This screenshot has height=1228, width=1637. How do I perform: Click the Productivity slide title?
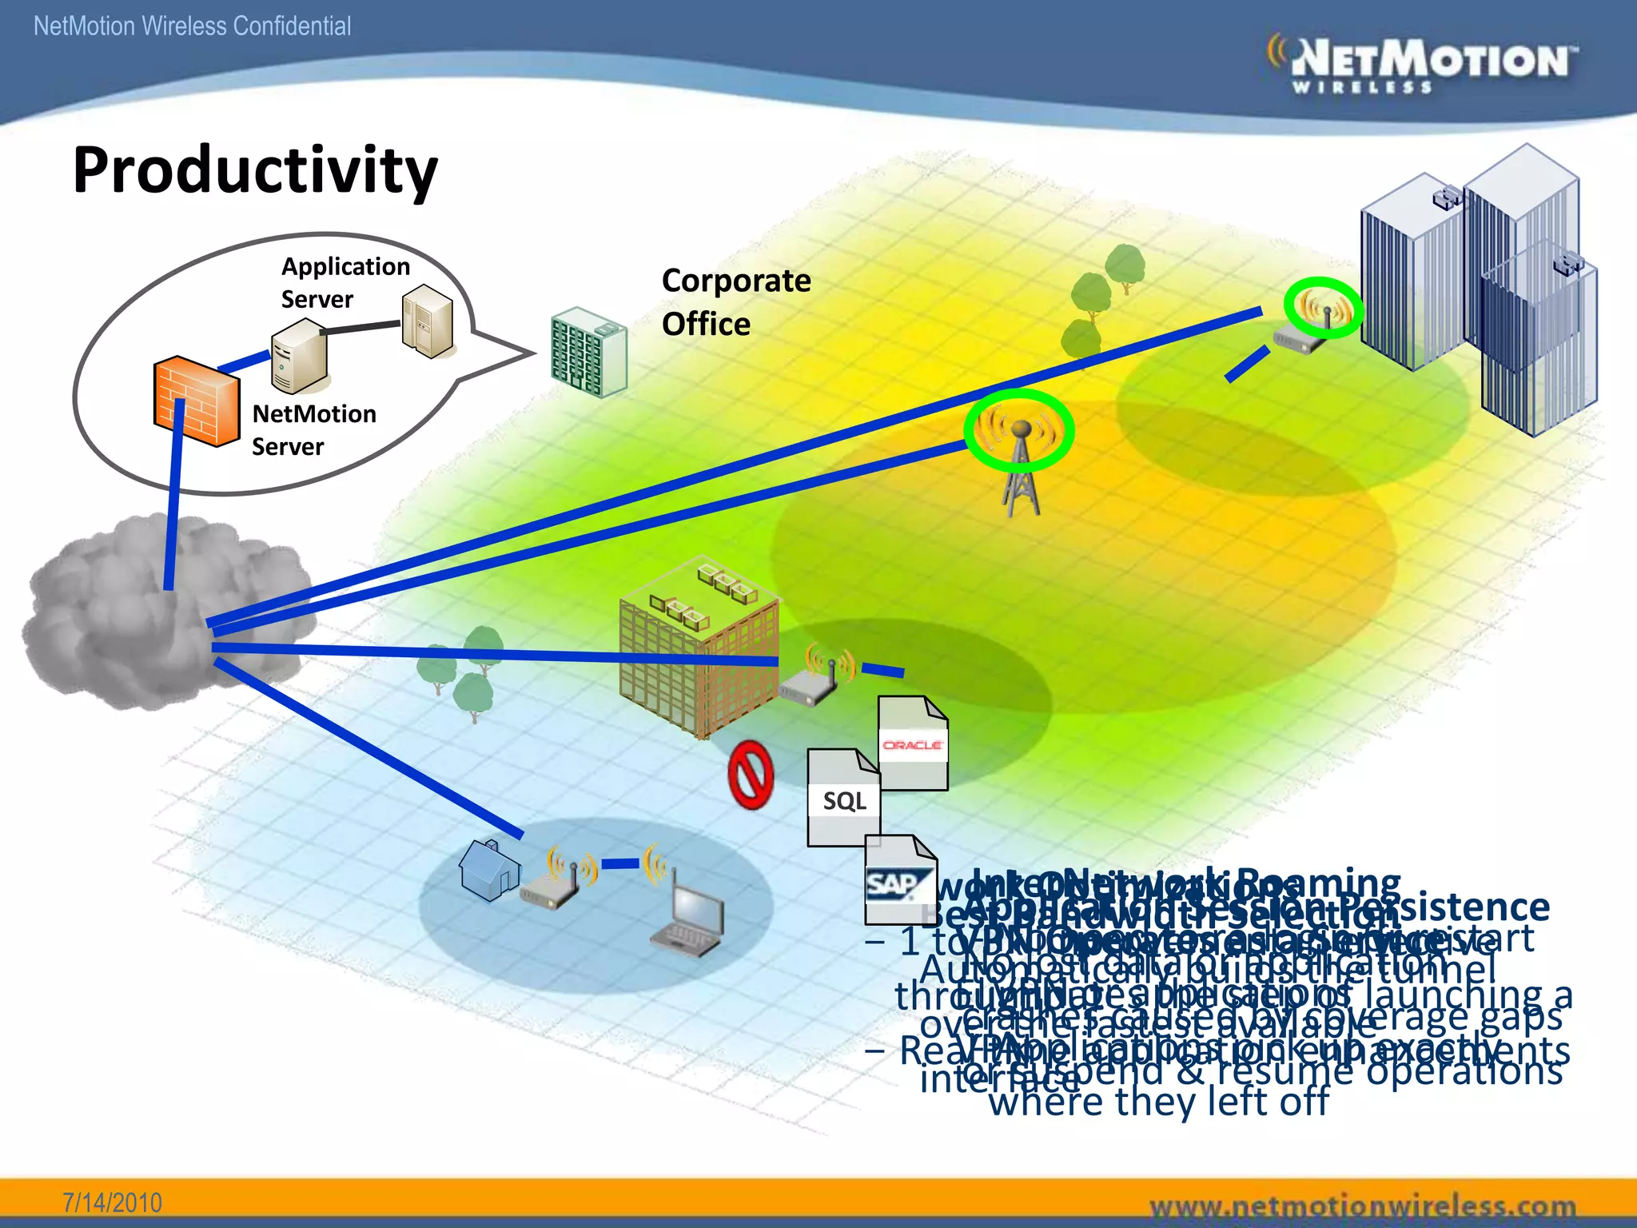(x=255, y=170)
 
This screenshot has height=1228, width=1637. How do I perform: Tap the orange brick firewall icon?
(x=196, y=401)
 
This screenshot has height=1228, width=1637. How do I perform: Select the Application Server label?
(x=345, y=282)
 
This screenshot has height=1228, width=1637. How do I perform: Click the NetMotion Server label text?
(x=313, y=429)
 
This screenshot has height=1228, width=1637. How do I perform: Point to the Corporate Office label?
(x=735, y=302)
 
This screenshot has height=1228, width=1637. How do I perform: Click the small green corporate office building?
(x=589, y=352)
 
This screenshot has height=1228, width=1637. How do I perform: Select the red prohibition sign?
(x=751, y=775)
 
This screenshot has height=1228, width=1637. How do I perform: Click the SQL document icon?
(x=843, y=797)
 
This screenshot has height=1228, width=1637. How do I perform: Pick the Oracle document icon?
(x=913, y=744)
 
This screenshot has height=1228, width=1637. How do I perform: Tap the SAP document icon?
(x=900, y=879)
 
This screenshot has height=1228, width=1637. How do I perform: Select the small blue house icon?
(x=488, y=869)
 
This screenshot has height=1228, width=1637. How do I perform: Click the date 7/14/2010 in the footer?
(x=112, y=1202)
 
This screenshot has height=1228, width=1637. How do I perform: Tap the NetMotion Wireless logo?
(x=1423, y=64)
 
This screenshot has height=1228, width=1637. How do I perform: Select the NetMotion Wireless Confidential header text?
(x=192, y=26)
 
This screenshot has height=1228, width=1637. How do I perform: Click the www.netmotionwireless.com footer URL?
(x=1362, y=1205)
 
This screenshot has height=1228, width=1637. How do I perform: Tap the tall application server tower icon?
(x=428, y=321)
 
